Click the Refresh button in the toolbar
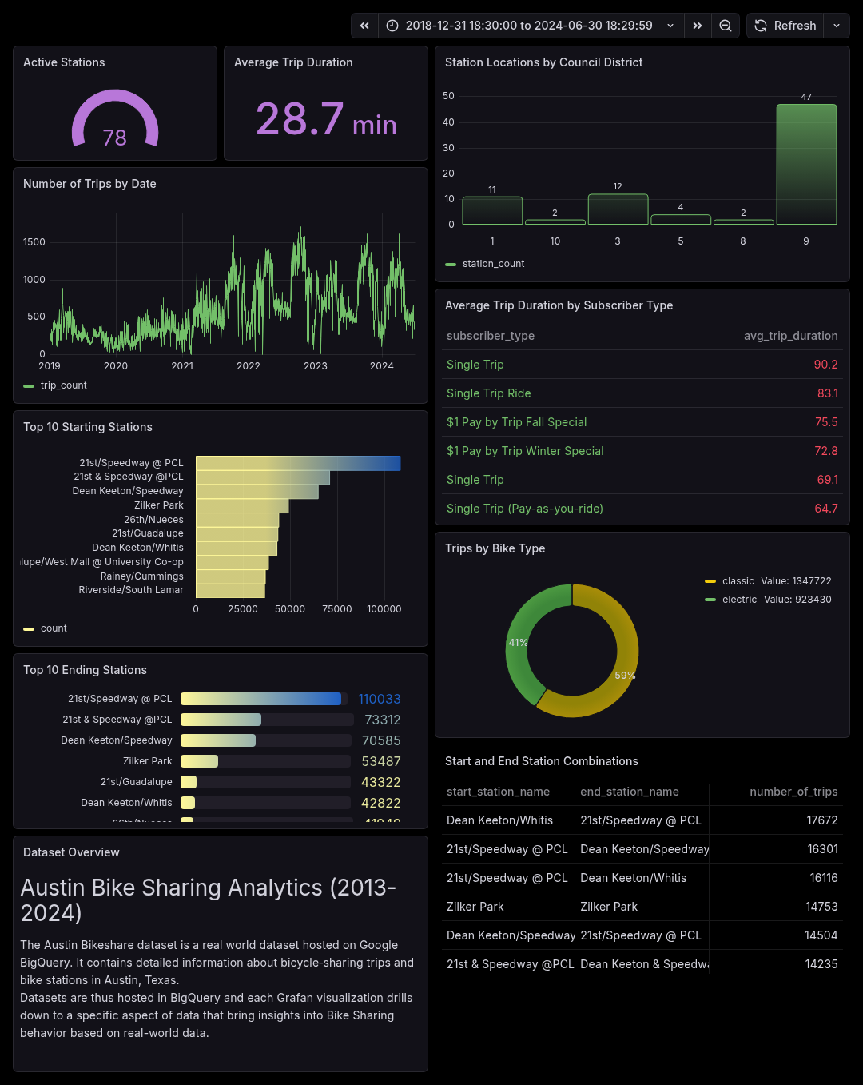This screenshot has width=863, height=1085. (785, 26)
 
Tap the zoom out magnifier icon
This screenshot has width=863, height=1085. (725, 26)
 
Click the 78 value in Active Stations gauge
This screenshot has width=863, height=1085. (114, 138)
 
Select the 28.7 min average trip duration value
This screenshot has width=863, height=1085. (325, 120)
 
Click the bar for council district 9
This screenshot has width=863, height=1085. (806, 164)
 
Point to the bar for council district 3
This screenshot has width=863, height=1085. (618, 209)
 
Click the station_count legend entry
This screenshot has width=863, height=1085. (493, 264)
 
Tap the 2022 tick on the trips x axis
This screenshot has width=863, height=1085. (249, 366)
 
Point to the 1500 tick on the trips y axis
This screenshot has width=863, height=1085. (34, 242)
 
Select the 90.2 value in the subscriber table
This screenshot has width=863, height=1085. (825, 365)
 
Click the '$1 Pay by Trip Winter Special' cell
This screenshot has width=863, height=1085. (525, 451)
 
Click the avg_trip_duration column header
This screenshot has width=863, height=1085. (790, 336)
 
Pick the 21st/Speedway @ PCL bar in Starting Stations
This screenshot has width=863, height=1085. (298, 463)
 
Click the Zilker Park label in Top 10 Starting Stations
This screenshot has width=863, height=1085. (159, 505)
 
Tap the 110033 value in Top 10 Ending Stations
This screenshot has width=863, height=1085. (380, 699)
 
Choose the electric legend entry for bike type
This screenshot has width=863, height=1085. (739, 600)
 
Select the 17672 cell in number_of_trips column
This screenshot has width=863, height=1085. (821, 820)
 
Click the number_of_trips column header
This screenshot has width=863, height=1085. (793, 792)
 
